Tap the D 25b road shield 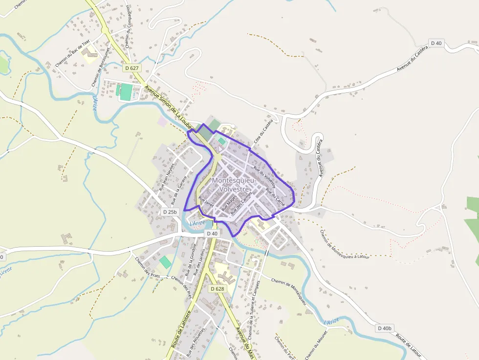point(170,212)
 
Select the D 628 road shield point(218,289)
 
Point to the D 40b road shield point(385,328)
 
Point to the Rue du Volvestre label point(264,177)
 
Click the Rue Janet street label point(206,203)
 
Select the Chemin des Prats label point(148,266)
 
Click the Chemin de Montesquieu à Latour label point(345,244)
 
